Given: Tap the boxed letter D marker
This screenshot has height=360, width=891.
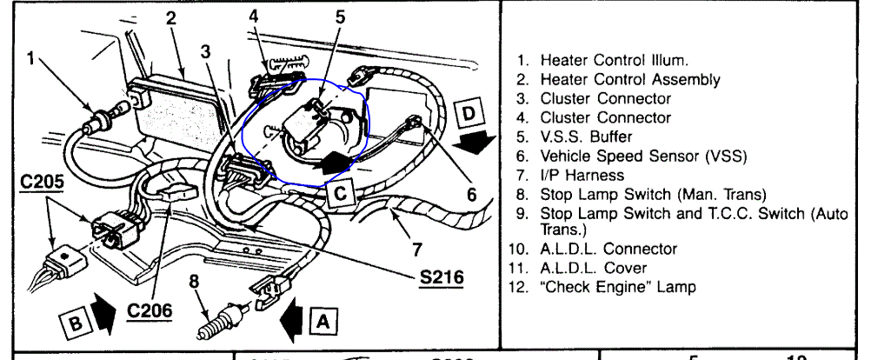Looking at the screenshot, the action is [x=467, y=113].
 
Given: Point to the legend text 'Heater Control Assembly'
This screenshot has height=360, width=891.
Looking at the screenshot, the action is [x=618, y=80].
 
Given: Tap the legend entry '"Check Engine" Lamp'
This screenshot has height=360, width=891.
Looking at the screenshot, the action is [x=609, y=286].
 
